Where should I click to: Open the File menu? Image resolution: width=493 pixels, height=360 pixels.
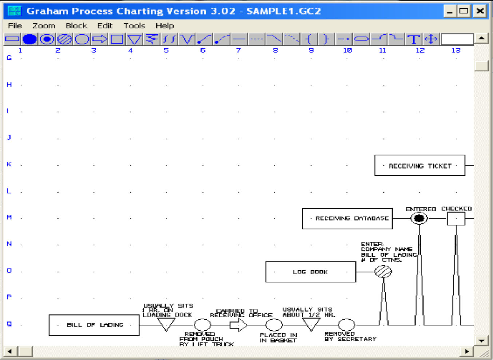15,26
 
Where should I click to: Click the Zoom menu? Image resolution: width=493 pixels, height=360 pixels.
44,26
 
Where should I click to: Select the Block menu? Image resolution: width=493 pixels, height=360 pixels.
76,26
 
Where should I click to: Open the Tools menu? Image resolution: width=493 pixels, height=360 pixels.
134,26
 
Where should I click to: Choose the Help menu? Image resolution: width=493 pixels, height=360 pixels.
164,26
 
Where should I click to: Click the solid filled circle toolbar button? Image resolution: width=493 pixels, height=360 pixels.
29,39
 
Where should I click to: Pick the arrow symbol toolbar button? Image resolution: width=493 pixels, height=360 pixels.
99,39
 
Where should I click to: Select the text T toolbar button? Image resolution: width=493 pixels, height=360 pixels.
413,39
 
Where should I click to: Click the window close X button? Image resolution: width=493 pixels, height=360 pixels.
480,11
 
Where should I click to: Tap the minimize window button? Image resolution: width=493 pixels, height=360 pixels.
450,11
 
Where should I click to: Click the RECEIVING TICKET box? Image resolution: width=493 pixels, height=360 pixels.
420,166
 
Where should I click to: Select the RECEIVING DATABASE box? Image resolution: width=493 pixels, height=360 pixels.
347,218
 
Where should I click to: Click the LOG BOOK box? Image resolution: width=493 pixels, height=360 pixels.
310,272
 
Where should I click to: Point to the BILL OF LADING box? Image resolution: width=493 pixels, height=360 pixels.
94,325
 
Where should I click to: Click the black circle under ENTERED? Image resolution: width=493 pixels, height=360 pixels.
419,218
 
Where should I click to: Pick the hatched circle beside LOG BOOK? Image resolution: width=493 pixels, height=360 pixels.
383,272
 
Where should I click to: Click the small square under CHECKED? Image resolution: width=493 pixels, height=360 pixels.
456,219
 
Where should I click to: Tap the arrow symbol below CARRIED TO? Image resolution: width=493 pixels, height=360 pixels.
239,325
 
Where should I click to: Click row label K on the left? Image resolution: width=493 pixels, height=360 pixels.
9,164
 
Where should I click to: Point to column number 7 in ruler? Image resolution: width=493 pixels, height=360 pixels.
239,51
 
